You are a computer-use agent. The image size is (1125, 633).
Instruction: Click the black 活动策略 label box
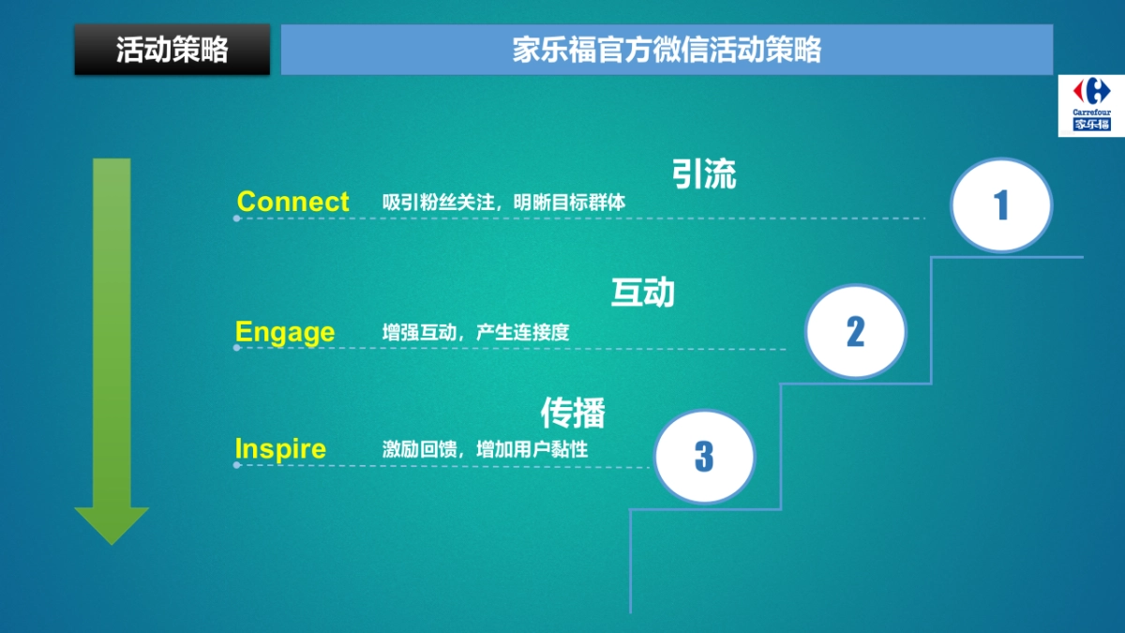coord(172,50)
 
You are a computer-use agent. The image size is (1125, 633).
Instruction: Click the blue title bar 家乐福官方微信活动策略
coord(667,50)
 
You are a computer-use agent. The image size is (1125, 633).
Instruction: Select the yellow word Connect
coord(292,202)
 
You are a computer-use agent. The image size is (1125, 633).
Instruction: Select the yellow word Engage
coord(285,332)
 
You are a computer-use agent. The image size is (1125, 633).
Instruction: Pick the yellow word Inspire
coord(280,448)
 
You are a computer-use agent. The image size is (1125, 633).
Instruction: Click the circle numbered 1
coord(1001,204)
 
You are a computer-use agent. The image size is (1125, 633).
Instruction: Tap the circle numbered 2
coord(855,331)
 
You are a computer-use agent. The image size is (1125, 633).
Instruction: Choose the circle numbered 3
coord(704,457)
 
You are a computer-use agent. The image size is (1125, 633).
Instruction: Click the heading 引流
coord(704,174)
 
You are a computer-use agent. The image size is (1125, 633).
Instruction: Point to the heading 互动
coord(643,294)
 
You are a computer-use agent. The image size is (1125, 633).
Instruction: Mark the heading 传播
coord(573,413)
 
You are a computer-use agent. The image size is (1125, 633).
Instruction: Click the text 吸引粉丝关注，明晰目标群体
coord(503,202)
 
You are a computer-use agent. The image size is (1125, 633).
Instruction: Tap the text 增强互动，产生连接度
coord(475,332)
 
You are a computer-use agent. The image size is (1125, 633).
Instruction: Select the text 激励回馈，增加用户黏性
coord(485,449)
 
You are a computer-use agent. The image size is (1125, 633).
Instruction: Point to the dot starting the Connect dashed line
coord(236,219)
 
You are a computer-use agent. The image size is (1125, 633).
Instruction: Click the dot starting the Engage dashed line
coord(236,348)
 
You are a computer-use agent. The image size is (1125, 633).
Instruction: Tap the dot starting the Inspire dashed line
coord(236,465)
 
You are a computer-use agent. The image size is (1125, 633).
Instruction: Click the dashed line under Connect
coord(581,219)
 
